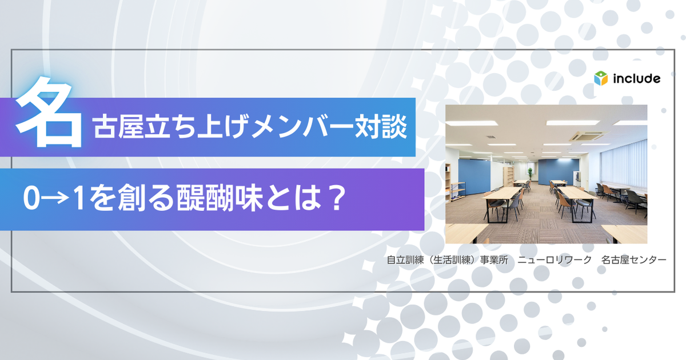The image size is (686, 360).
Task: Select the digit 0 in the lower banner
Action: [x=31, y=199]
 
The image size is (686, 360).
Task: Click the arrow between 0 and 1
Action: [x=55, y=199]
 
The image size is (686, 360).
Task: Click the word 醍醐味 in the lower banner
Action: [x=220, y=198]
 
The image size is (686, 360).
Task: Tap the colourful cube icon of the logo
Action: [x=601, y=78]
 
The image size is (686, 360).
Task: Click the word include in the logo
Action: [x=636, y=79]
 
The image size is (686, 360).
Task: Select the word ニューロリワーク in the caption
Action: [x=555, y=260]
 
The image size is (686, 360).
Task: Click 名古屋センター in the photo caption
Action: [x=633, y=260]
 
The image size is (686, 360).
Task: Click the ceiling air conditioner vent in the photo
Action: [x=588, y=136]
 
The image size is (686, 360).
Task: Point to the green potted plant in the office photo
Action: [x=530, y=174]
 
